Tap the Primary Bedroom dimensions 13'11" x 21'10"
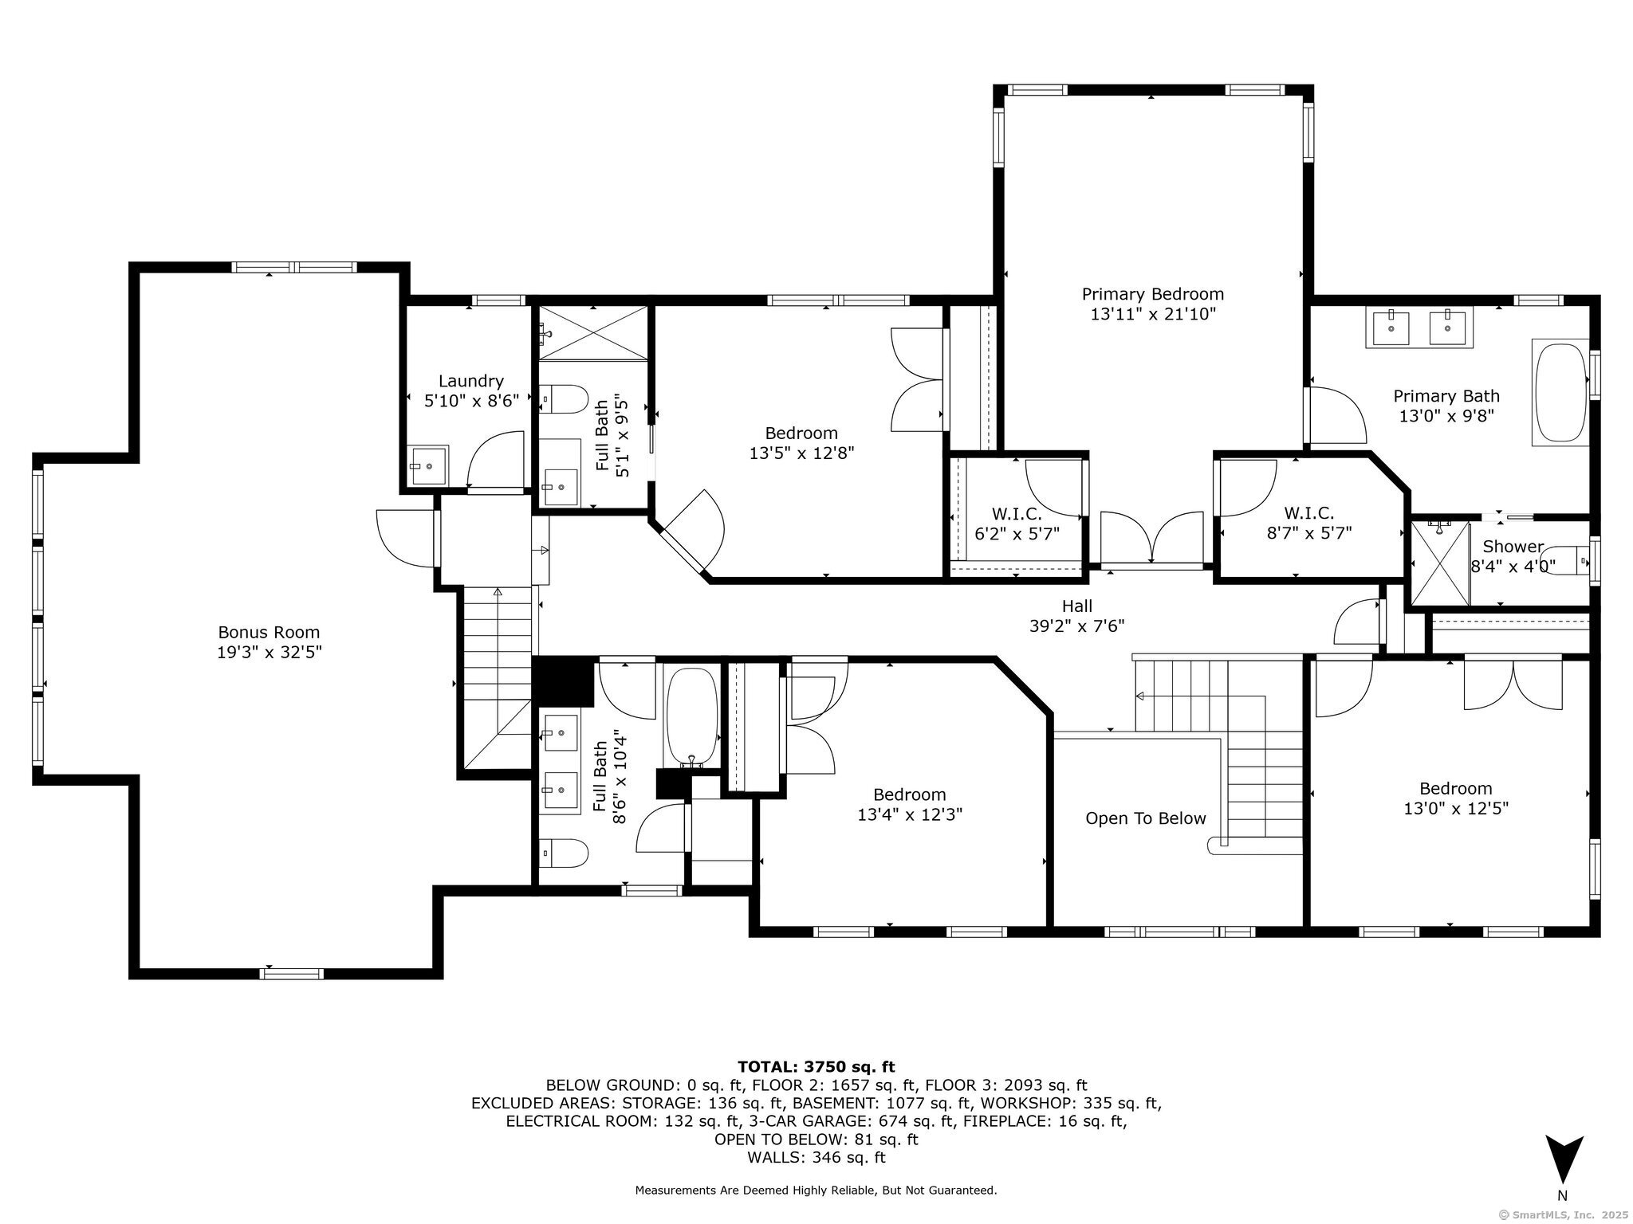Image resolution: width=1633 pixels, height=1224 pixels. click(1152, 314)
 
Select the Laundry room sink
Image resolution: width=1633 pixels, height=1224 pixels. click(430, 465)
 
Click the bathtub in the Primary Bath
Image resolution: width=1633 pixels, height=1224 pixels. click(1561, 393)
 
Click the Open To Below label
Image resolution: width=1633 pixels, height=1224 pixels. click(1146, 818)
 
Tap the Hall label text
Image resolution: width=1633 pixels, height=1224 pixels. click(1076, 606)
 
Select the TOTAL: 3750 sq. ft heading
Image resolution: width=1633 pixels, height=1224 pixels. click(816, 1066)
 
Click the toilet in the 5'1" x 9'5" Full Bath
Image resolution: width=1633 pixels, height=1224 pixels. click(563, 398)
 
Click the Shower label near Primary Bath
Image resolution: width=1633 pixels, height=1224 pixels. click(1513, 547)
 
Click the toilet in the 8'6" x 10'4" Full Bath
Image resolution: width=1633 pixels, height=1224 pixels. click(563, 853)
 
